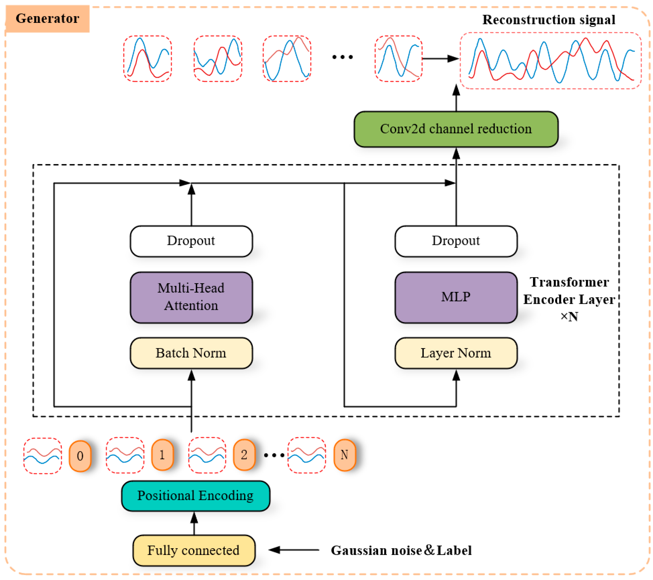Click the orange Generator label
coord(48,18)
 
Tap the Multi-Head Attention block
coord(191,297)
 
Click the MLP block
coord(456,297)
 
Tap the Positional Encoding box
coord(196,496)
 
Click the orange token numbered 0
coord(80,456)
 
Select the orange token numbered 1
coord(162,455)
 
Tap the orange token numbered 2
coord(244,455)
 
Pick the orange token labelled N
coord(344,455)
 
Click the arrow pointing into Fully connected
coord(294,550)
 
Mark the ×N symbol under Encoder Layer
coord(569,317)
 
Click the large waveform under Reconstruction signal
coord(551,61)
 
